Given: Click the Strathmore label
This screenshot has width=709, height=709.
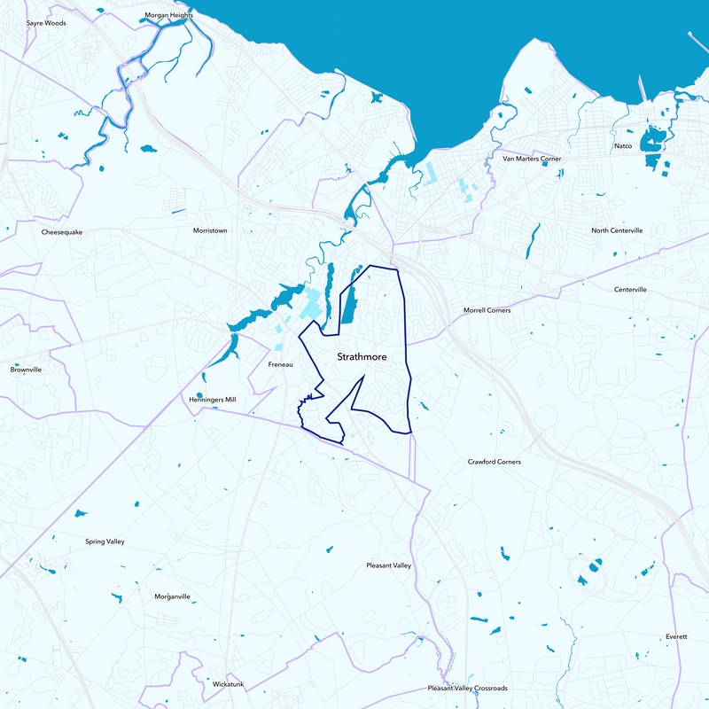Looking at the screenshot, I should pos(362,357).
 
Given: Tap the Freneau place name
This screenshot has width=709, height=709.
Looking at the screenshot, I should pos(280,364).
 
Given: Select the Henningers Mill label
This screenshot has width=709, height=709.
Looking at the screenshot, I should pos(213,400).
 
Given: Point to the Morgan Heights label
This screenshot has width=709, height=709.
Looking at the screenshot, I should pos(168,15).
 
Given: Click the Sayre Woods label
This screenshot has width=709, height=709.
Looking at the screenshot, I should pos(46,23).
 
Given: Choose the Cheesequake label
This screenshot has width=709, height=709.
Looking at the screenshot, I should pos(62,232).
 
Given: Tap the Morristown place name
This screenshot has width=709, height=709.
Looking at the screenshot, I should pos(210,230).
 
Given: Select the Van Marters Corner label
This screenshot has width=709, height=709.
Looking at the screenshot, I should pos(532,159).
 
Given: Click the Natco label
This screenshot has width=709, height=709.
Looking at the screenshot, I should pos(623,145).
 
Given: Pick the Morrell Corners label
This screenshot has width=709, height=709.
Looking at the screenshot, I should pos(487,310).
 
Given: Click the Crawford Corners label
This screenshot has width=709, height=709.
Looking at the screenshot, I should pos(495,462).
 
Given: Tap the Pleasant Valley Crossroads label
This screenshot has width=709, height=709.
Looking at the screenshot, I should pos(467,688).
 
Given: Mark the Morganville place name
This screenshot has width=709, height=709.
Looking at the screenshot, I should pos(172,596).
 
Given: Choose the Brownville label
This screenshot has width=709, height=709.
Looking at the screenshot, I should pos(26,370).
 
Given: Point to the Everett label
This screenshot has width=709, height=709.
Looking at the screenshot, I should pos(675,637).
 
